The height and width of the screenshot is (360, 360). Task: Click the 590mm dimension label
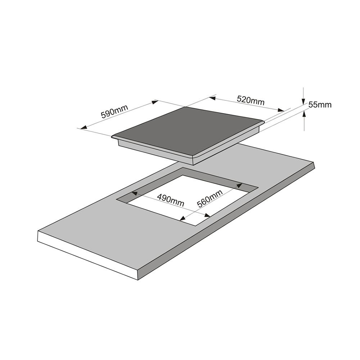[x=114, y=111]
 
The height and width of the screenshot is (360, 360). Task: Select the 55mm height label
[x=320, y=105]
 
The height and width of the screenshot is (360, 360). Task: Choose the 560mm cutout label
[x=210, y=199]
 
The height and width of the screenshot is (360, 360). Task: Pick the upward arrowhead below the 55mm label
[x=304, y=114]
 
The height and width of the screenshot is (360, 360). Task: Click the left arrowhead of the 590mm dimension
[x=83, y=127]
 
